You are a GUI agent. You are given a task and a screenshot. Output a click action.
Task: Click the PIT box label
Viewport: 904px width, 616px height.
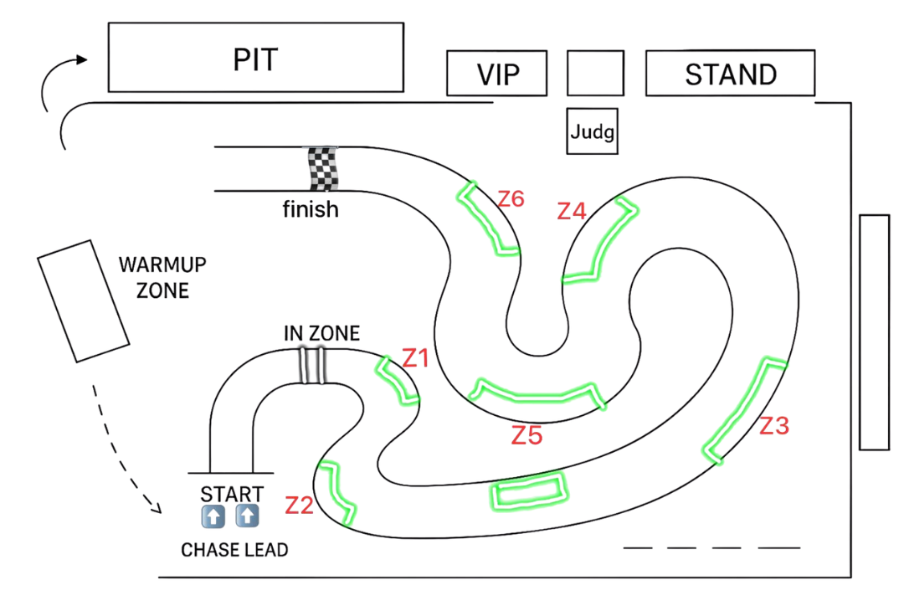click(255, 59)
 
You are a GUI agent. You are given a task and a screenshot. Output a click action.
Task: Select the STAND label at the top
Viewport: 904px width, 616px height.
click(731, 74)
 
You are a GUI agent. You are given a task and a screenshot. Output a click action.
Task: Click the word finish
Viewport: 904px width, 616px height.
click(311, 208)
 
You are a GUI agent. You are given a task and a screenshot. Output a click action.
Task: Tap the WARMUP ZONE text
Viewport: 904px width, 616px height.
click(162, 277)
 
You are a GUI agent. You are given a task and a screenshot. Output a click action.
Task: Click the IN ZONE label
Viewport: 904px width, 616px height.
click(321, 333)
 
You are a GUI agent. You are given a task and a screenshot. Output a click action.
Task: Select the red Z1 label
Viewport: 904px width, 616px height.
click(415, 358)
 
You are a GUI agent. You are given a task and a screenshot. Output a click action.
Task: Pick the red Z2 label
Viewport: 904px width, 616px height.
click(299, 506)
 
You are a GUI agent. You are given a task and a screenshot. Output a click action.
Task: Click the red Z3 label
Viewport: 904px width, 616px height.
click(773, 426)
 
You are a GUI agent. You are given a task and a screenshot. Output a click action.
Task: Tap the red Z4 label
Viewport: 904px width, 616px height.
click(572, 211)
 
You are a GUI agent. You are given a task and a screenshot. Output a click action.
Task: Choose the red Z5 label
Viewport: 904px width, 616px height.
click(527, 436)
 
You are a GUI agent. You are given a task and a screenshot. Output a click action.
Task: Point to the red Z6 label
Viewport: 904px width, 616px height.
click(511, 199)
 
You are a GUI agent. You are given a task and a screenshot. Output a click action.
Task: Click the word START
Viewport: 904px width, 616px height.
click(232, 495)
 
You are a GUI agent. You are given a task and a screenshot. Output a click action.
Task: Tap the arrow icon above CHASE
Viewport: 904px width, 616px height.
click(213, 516)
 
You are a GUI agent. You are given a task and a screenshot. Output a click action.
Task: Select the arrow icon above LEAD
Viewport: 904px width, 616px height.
click(247, 516)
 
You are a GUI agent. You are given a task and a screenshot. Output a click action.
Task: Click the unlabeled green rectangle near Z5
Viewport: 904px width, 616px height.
click(529, 490)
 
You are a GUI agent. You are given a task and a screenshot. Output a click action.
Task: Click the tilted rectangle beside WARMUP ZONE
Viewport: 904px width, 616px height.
click(84, 301)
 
